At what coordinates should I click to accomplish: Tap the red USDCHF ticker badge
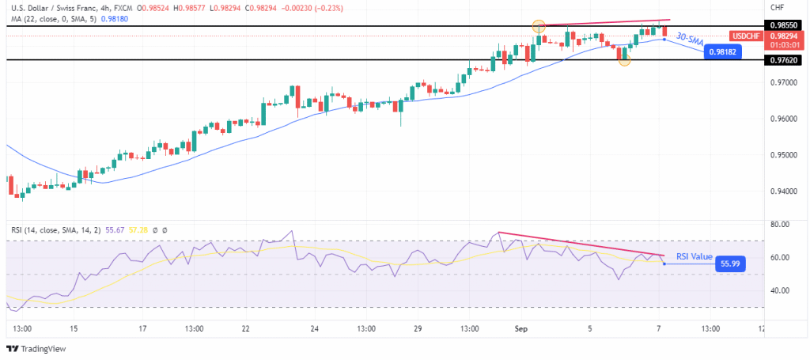747,36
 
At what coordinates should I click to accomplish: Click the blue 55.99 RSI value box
729,263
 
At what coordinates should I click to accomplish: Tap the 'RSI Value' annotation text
695,257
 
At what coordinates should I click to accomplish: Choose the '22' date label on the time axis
246,328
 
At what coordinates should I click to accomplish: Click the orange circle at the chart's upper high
539,26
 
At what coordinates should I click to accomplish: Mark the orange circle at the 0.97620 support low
624,60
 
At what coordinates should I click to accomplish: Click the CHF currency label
777,7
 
